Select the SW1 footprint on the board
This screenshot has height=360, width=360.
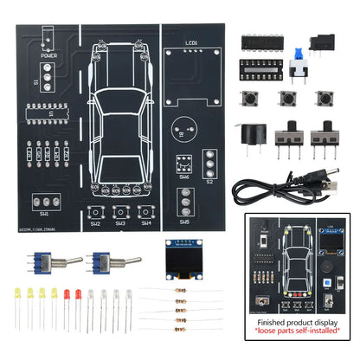45,202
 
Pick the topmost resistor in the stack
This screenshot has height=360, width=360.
182,292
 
